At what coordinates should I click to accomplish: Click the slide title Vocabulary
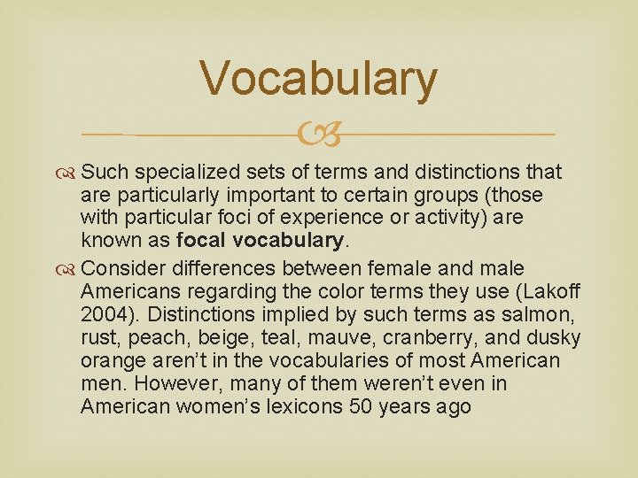pyautogui.click(x=319, y=78)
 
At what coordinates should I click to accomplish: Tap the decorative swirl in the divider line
pyautogui.click(x=320, y=135)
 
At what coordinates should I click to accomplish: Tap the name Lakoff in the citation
pyautogui.click(x=531, y=291)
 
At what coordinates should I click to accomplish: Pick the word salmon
pyautogui.click(x=550, y=314)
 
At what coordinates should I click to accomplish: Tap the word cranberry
pyautogui.click(x=427, y=337)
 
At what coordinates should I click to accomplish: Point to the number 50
pyautogui.click(x=356, y=406)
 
